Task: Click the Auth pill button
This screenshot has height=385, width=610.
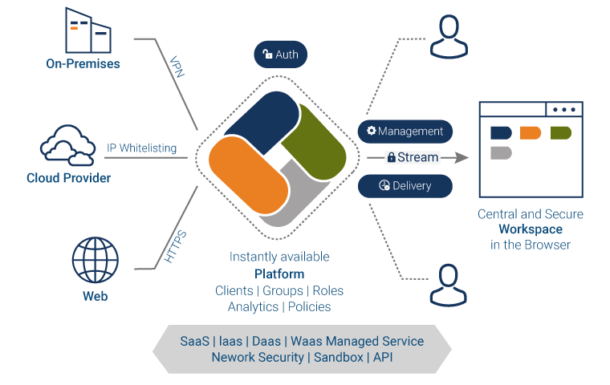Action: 280,55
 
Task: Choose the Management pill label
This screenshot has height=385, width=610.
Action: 405,131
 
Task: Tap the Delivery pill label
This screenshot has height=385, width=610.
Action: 405,186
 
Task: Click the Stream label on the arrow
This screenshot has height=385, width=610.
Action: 413,157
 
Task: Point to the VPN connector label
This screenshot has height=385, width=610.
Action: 178,67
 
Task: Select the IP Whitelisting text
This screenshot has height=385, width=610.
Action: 141,148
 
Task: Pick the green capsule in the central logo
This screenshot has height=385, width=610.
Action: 312,142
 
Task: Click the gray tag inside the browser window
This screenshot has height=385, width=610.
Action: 501,152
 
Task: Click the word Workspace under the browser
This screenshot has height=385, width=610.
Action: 530,229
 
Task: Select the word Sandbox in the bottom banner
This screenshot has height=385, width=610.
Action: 337,357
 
